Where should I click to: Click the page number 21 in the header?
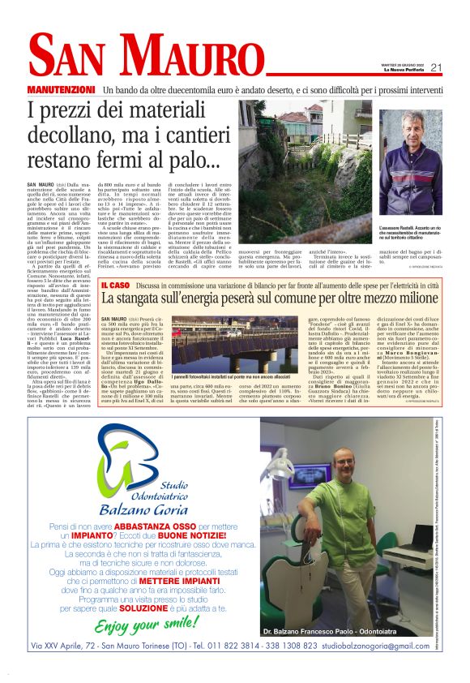(x=435, y=68)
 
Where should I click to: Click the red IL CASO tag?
(x=113, y=285)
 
